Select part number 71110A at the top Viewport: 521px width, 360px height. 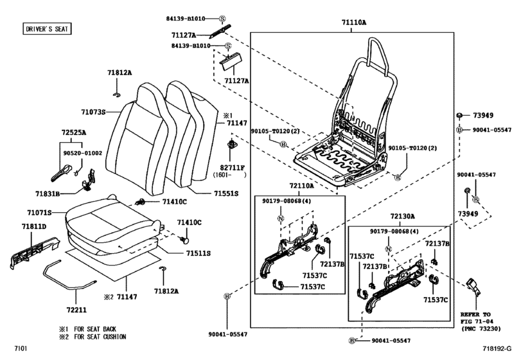tap(354, 22)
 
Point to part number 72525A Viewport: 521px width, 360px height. tap(73, 132)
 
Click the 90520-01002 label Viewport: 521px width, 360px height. tap(82, 153)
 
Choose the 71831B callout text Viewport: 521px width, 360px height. tap(48, 193)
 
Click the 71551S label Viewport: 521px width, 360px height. tap(225, 192)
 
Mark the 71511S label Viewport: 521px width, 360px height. tap(199, 253)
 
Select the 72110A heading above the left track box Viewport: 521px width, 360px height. tap(301, 185)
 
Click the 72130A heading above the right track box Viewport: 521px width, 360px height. tap(403, 216)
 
